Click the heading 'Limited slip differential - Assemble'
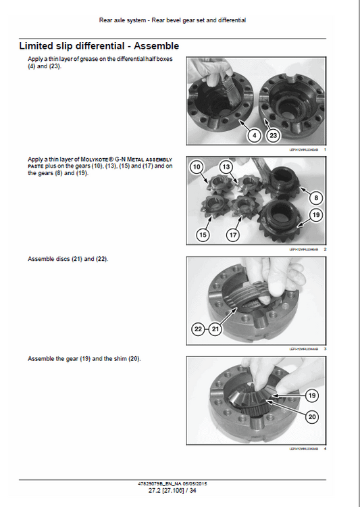pos(99,46)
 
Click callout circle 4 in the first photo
pos(254,135)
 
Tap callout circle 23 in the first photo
pos(273,135)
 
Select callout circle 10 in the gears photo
pos(197,166)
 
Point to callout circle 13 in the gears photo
pos(226,166)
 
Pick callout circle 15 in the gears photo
pos(203,235)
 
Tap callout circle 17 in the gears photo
pos(232,235)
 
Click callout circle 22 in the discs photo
pos(198,329)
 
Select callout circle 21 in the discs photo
pos(215,329)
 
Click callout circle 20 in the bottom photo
pos(311,417)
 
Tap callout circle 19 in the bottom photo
pos(311,395)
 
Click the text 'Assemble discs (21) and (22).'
pos(68,259)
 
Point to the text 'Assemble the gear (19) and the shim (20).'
pos(84,358)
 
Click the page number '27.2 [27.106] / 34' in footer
pos(180,492)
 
